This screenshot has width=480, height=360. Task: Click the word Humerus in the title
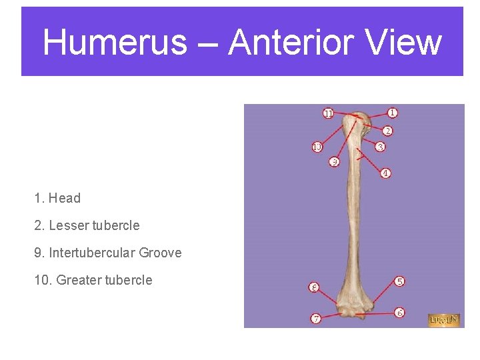pyautogui.click(x=115, y=43)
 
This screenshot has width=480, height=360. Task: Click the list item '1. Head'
pyautogui.click(x=57, y=198)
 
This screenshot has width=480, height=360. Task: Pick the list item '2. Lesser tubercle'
pyautogui.click(x=87, y=225)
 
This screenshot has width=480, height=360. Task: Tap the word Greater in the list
pyautogui.click(x=79, y=280)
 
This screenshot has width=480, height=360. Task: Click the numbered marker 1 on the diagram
pyautogui.click(x=393, y=113)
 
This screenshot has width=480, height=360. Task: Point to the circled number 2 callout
pyautogui.click(x=387, y=131)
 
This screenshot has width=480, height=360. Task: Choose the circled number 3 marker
pyautogui.click(x=380, y=147)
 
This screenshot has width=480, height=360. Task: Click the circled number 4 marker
pyautogui.click(x=385, y=173)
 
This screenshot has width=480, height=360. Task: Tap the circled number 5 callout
pyautogui.click(x=399, y=281)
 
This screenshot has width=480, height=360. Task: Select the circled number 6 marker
pyautogui.click(x=399, y=312)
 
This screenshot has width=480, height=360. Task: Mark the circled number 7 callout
pyautogui.click(x=316, y=319)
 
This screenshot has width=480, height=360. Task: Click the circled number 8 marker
pyautogui.click(x=314, y=287)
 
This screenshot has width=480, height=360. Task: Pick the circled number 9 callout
pyautogui.click(x=335, y=162)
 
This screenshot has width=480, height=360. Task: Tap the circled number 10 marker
pyautogui.click(x=317, y=146)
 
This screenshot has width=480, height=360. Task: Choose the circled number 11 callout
pyautogui.click(x=328, y=113)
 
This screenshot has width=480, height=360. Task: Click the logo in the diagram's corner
pyautogui.click(x=444, y=320)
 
